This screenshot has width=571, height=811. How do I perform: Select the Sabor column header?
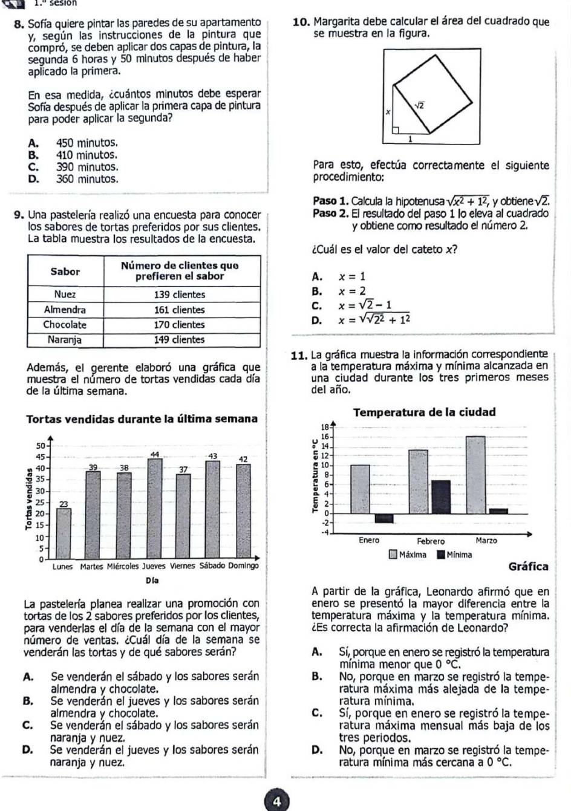(x=65, y=272)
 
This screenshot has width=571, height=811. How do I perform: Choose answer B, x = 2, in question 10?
(x=351, y=291)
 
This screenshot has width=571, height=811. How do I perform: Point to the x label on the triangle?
(x=388, y=112)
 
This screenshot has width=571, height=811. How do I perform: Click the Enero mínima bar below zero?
(x=384, y=518)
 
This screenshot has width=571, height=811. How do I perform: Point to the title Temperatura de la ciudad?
(x=424, y=412)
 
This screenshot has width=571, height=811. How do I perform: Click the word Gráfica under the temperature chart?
(x=529, y=567)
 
